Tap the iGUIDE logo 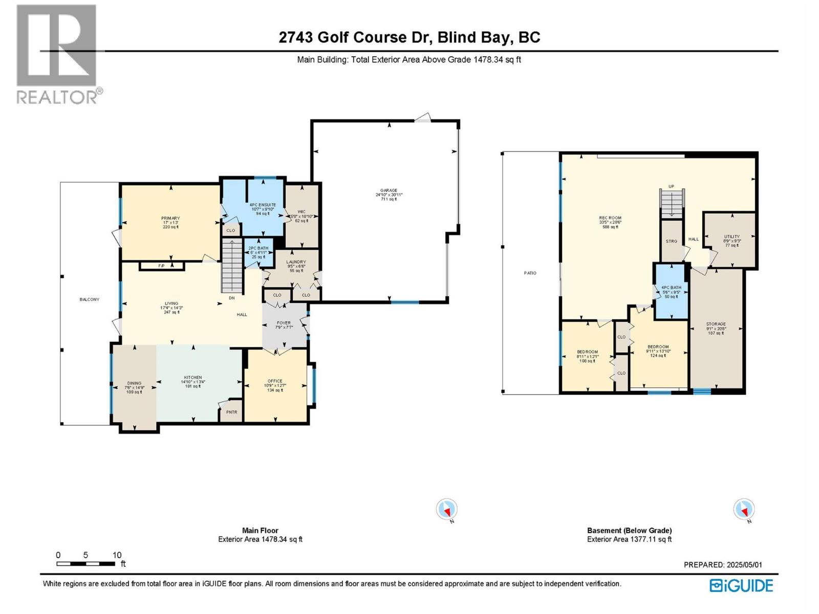741,585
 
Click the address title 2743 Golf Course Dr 409,37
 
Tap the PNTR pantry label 232,412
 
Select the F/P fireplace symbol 161,266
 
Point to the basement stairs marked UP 671,203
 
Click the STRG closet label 671,241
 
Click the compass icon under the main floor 446,510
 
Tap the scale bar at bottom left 86,564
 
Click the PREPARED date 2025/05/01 723,565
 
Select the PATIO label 530,273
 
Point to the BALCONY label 90,299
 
